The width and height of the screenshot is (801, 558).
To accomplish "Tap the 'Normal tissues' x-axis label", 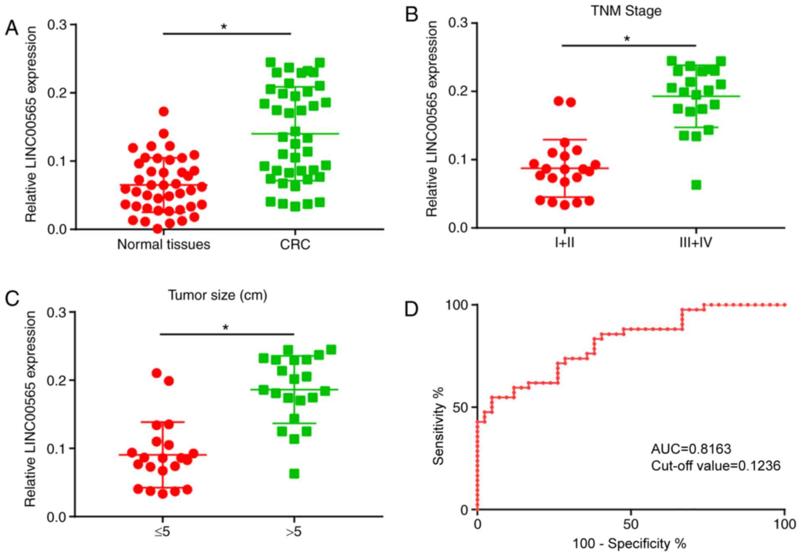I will [163, 244].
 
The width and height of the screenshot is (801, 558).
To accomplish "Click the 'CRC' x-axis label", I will [295, 244].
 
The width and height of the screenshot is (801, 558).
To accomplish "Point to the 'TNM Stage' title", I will [626, 10].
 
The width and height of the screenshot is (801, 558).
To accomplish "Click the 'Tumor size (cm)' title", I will [218, 295].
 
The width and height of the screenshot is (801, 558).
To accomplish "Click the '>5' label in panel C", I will [294, 532].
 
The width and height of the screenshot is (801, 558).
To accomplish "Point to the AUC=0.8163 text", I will [691, 449].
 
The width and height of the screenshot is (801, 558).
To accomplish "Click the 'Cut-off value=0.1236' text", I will [716, 465].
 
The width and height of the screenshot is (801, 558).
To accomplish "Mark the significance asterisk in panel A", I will [224, 27].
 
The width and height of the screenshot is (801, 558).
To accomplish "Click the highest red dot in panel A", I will [164, 111].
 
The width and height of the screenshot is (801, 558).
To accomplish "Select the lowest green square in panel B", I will [696, 185].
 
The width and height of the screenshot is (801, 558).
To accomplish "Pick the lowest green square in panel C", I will [294, 473].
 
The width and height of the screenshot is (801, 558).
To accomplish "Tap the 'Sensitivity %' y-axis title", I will [438, 426].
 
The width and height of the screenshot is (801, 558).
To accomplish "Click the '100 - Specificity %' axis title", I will [629, 544].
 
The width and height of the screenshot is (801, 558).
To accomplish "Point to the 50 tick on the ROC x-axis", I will [631, 524].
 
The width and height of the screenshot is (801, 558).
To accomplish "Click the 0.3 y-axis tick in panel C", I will [59, 312].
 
